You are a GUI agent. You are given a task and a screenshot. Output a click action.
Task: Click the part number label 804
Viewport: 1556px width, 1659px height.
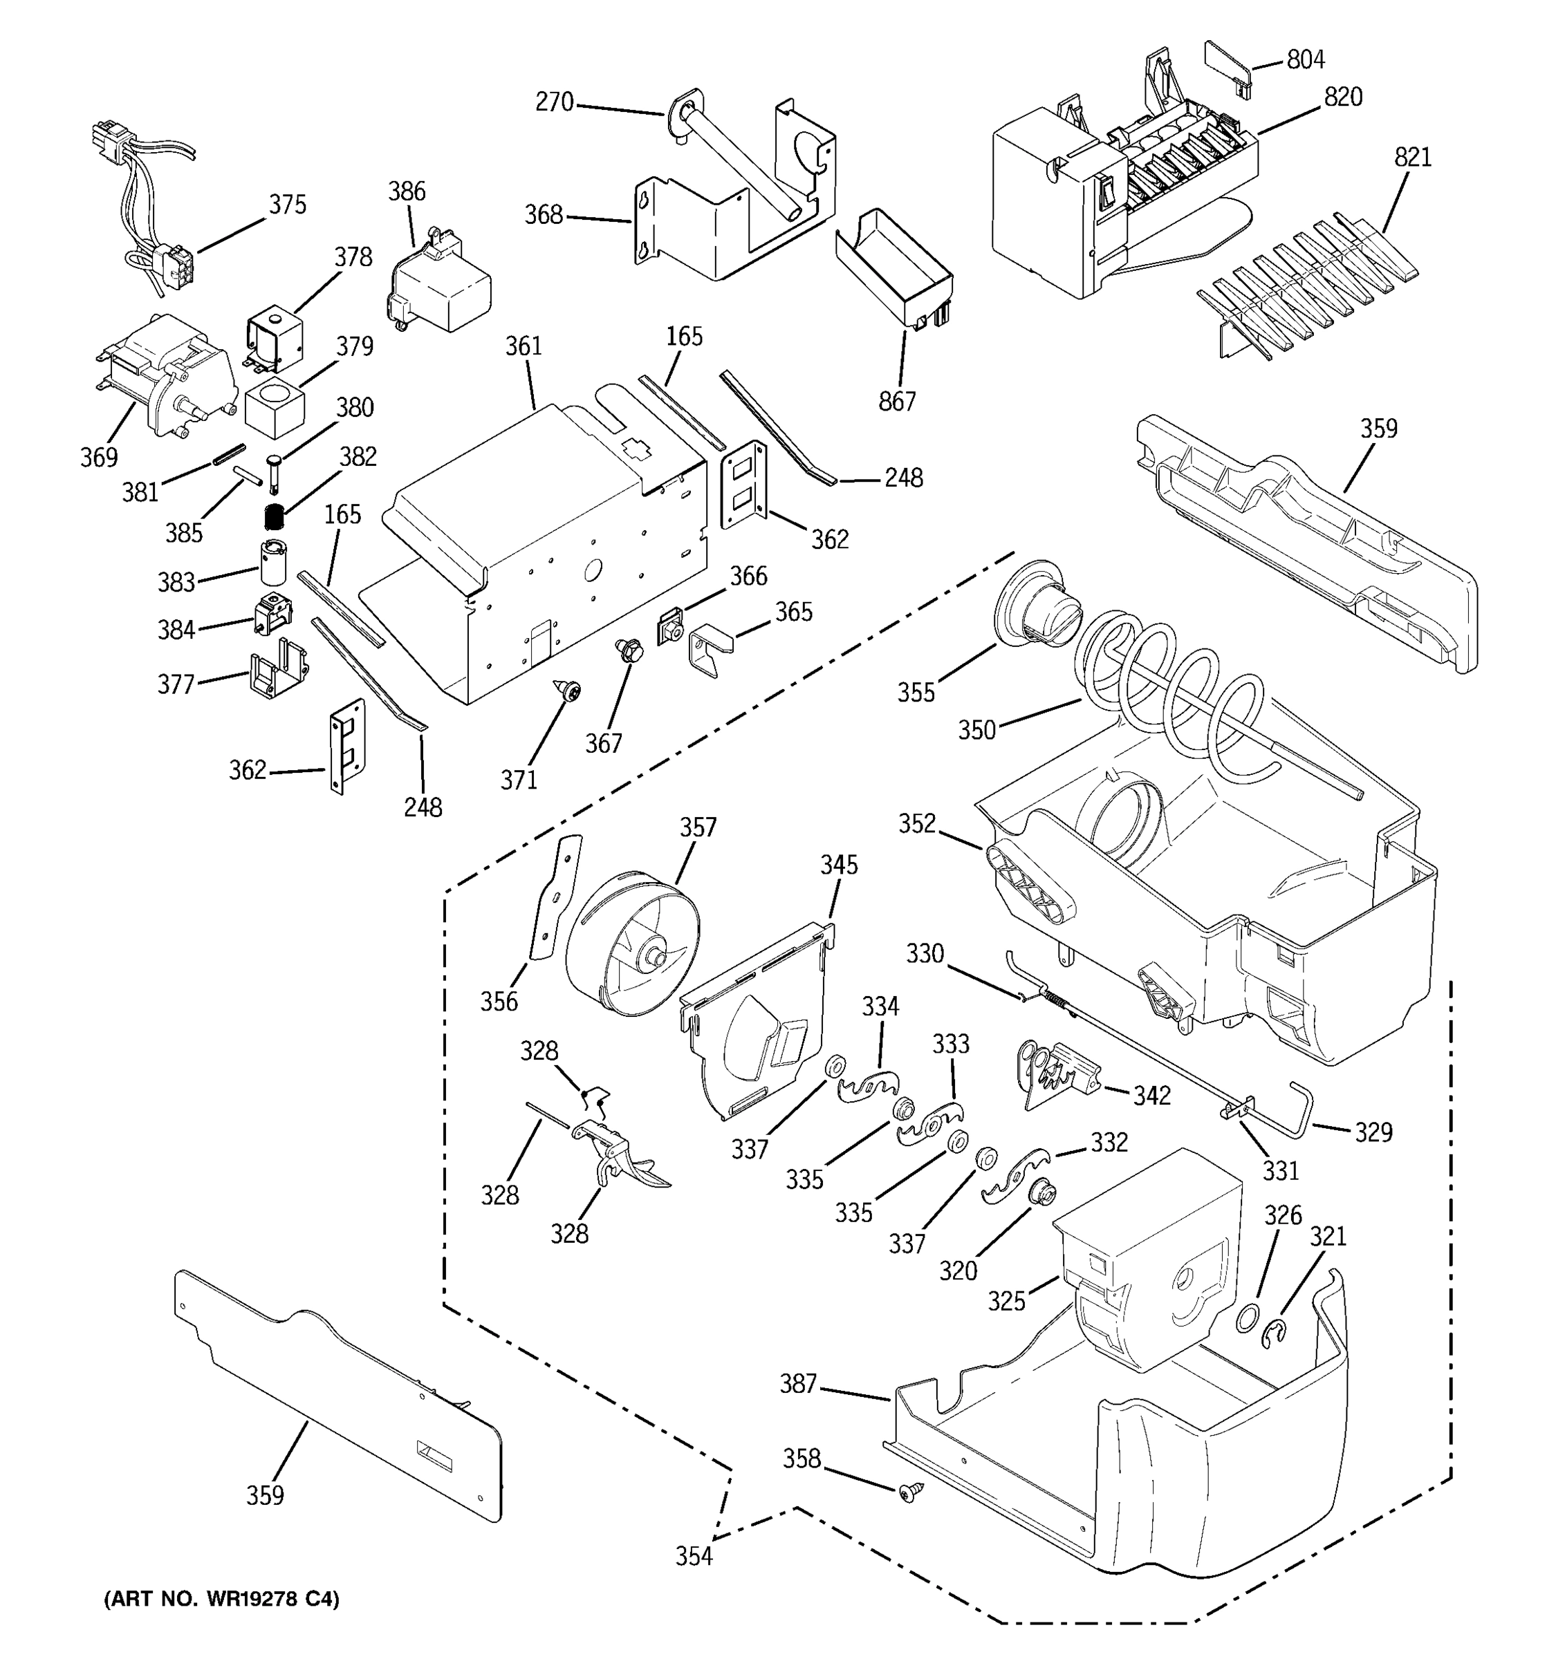coord(1306,59)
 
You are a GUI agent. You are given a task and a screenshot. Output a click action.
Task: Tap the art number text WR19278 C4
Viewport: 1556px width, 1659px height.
coord(221,1599)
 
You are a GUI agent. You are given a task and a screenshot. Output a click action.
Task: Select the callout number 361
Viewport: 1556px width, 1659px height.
coord(524,346)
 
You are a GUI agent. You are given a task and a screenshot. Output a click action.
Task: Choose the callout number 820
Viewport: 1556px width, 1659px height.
coord(1343,97)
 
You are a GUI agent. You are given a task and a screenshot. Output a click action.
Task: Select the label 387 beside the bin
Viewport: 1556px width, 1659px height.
coord(797,1384)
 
